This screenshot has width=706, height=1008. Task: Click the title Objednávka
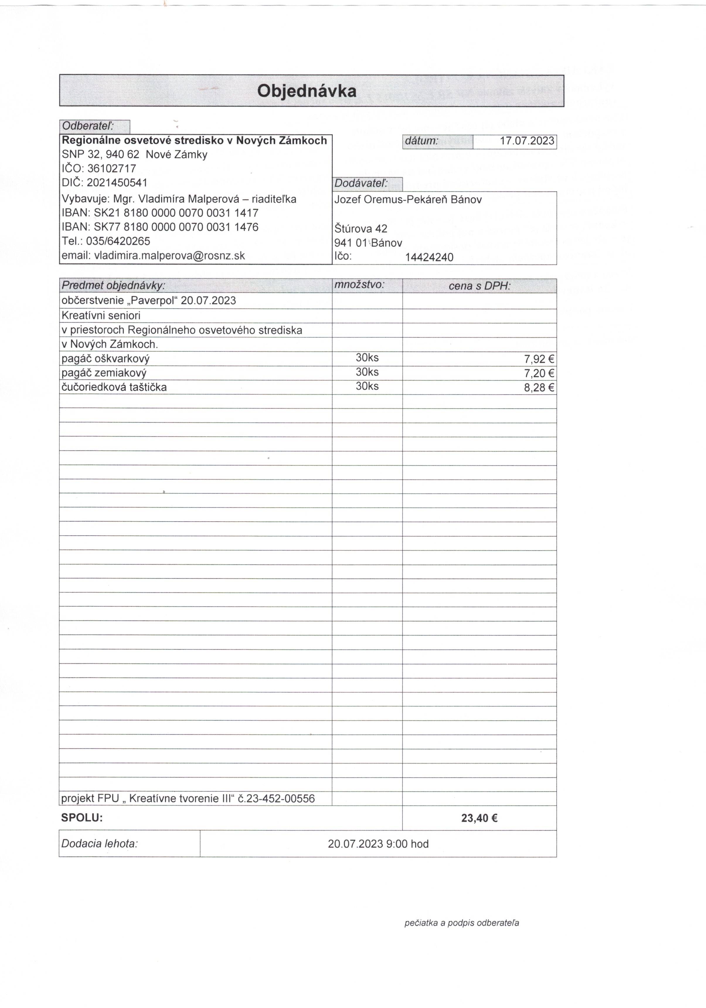(307, 91)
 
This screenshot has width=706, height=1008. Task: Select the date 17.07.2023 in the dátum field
(527, 141)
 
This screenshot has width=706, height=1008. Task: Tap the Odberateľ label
(88, 126)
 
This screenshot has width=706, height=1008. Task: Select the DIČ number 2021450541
(117, 183)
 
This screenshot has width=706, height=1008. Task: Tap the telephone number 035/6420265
(118, 241)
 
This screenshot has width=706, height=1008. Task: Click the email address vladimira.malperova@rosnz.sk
(169, 255)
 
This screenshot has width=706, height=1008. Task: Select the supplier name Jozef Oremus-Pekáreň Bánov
(408, 200)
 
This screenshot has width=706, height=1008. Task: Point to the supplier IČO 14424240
(429, 257)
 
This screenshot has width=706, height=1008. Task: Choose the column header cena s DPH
(479, 286)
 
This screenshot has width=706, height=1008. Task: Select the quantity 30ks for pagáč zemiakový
(367, 372)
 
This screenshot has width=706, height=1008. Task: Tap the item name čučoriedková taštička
(114, 387)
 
